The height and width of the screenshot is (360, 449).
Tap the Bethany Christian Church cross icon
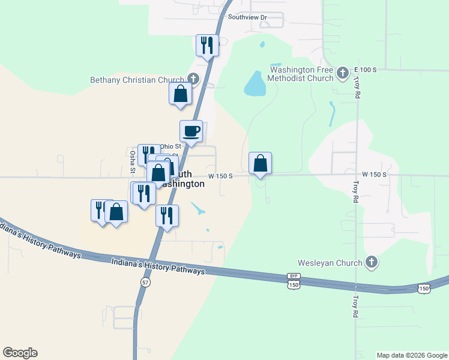click(x=193, y=79)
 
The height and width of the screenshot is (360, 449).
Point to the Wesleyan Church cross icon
click(x=372, y=262)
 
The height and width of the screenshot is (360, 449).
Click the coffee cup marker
click(x=191, y=131)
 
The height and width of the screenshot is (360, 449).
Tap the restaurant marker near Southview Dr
click(x=207, y=46)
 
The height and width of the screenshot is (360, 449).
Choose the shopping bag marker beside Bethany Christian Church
click(x=180, y=94)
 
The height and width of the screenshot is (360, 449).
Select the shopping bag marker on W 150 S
click(x=260, y=163)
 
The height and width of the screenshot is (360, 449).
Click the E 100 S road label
click(x=365, y=70)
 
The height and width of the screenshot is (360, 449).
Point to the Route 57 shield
click(x=145, y=281)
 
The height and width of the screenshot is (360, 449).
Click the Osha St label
click(x=133, y=161)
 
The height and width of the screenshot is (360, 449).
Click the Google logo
click(x=20, y=353)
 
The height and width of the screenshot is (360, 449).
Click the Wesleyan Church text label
click(x=330, y=263)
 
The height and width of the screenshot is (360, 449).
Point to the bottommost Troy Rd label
click(x=355, y=306)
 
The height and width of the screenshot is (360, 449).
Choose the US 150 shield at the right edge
click(x=424, y=289)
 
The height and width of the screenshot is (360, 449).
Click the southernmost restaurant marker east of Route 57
click(x=167, y=216)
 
